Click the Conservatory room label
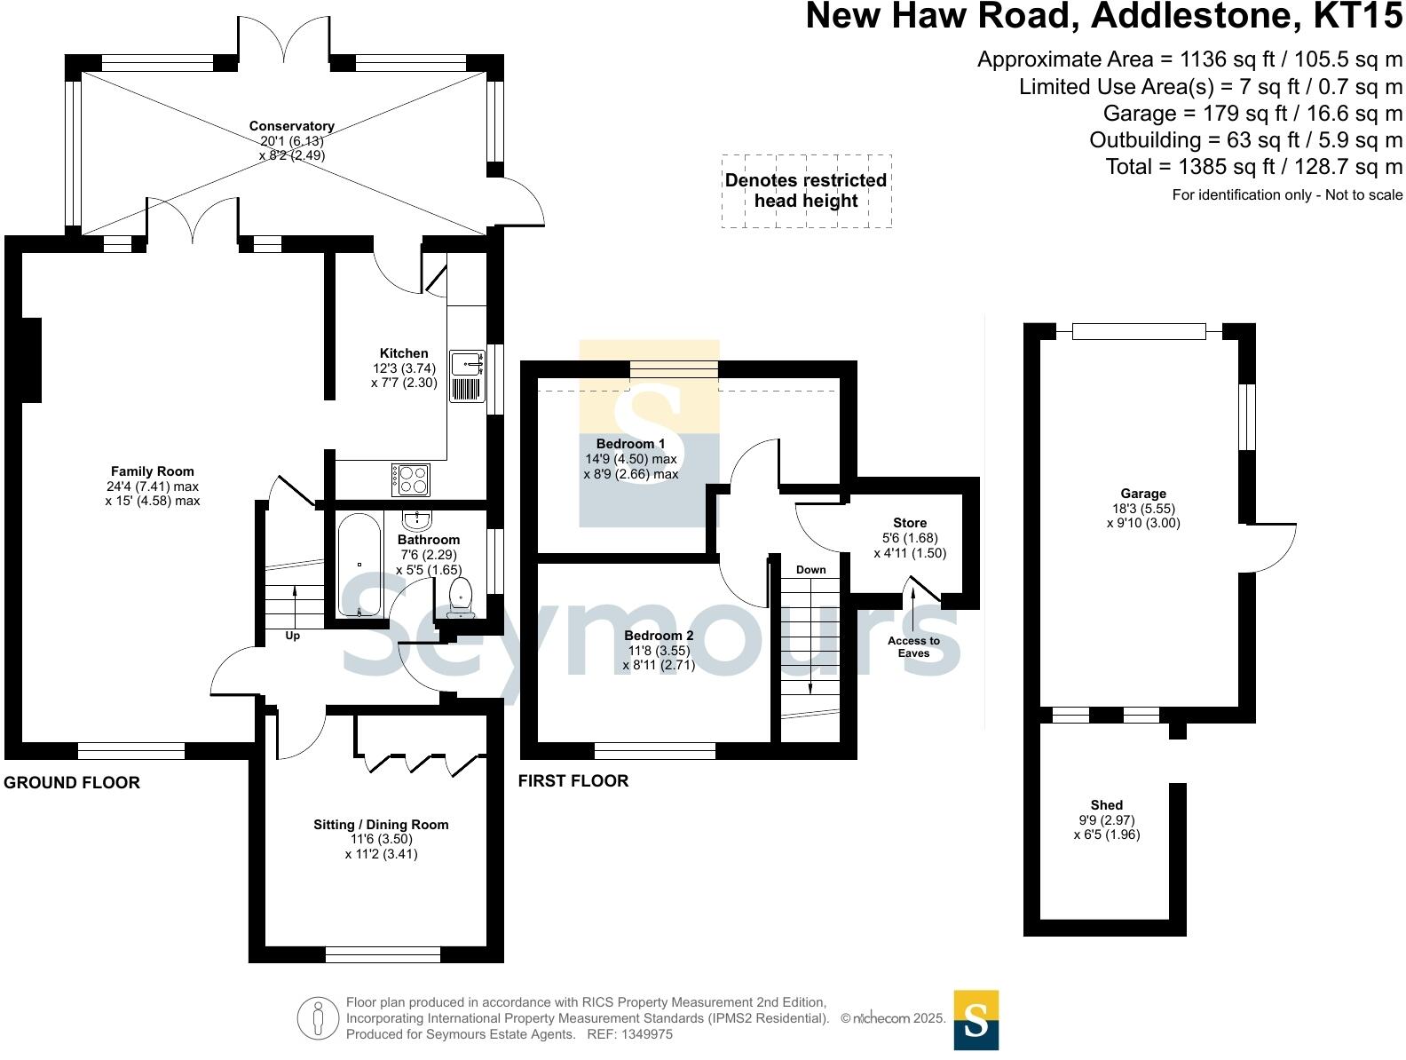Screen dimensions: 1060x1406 tap(291, 126)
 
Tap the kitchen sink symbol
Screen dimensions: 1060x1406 tap(467, 376)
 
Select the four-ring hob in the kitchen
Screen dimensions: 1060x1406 tap(410, 480)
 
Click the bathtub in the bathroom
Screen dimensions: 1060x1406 tap(359, 565)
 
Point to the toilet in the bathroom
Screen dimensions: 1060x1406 tap(461, 597)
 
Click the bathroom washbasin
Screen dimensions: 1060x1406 tap(416, 519)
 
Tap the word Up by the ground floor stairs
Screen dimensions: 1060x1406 tap(293, 636)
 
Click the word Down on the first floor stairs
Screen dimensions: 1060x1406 tap(810, 570)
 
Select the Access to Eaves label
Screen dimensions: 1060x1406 tap(913, 647)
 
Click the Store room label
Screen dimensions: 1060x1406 tap(910, 523)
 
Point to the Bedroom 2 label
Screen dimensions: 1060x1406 tap(659, 636)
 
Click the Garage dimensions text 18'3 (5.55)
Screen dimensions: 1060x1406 tap(1143, 509)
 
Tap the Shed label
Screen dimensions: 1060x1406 tap(1107, 805)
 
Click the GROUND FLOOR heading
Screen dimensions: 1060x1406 tap(72, 783)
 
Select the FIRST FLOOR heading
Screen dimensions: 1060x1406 tap(573, 781)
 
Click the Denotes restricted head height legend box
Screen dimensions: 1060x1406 tap(806, 191)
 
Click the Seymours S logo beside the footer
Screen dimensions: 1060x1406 tap(976, 1020)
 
